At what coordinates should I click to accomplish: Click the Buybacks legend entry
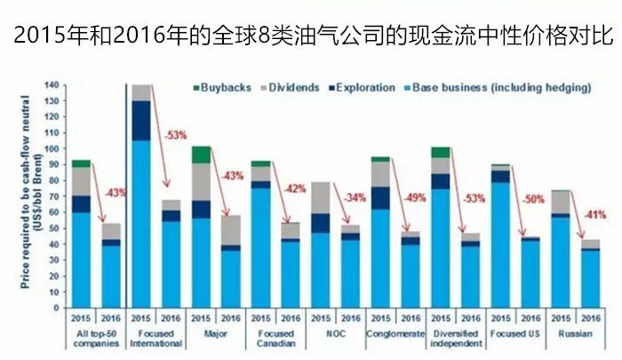pos(221,89)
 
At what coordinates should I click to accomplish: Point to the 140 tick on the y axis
pos(52,85)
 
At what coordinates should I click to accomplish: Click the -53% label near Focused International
pos(175,135)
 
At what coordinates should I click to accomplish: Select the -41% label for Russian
pos(595,214)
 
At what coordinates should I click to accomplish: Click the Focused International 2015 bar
pos(140,196)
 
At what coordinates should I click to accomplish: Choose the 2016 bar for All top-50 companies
pos(111,266)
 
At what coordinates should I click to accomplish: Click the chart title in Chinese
pos(311,37)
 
